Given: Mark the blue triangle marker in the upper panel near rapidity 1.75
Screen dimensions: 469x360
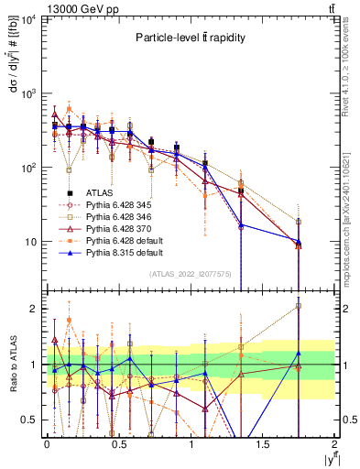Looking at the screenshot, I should click(x=299, y=241).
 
